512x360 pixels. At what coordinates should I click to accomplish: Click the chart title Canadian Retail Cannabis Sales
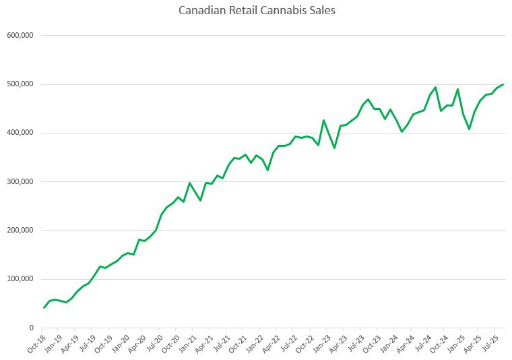[x=257, y=11]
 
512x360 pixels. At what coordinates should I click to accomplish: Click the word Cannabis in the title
[x=287, y=11]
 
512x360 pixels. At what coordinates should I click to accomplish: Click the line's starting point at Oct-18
[x=44, y=308]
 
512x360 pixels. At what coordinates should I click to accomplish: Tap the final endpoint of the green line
[x=503, y=84]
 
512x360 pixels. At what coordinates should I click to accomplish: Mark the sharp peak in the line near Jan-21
[x=189, y=183]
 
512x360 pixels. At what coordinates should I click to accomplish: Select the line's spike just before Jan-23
[x=323, y=121]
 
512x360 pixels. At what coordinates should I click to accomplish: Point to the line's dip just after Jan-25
[x=469, y=129]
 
